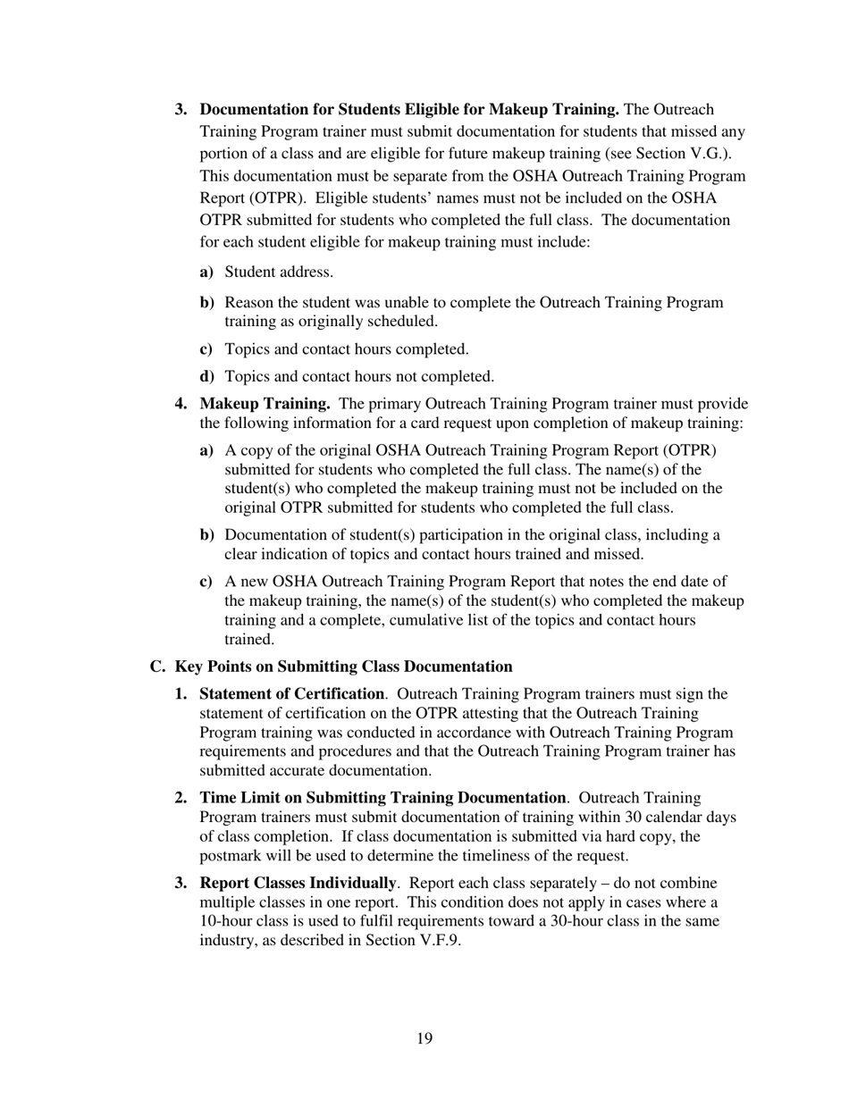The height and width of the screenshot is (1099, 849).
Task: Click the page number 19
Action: [424, 1038]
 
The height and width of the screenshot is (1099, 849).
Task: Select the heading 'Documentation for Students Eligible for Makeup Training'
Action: [408, 109]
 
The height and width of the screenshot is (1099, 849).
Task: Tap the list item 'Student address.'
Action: [279, 272]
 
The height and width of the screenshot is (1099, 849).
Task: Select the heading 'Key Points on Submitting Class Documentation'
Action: [343, 667]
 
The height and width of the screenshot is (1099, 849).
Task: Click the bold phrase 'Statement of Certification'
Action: [291, 694]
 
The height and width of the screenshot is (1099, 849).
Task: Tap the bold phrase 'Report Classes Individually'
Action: [297, 883]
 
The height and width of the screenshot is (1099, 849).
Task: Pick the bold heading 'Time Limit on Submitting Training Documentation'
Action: [382, 797]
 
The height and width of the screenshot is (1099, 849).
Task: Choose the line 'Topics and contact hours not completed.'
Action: [358, 377]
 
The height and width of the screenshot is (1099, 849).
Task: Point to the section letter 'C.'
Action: [158, 667]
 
